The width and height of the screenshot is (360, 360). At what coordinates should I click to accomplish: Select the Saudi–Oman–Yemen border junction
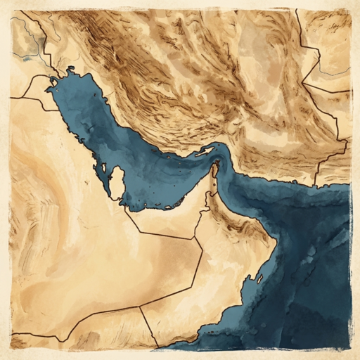(140, 306)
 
